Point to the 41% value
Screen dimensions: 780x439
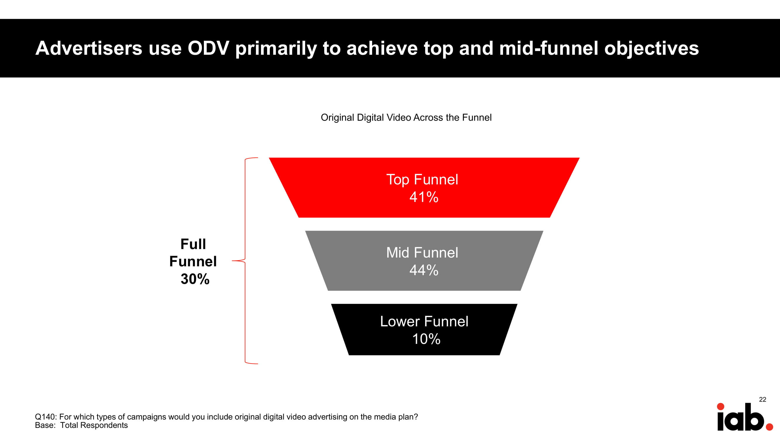click(x=424, y=197)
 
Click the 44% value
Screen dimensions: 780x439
click(x=424, y=270)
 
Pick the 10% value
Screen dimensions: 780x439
click(x=426, y=339)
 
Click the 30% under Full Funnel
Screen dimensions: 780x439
click(x=195, y=279)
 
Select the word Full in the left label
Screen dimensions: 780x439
click(x=193, y=244)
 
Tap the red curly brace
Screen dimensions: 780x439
click(x=245, y=260)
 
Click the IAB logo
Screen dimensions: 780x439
click(x=745, y=416)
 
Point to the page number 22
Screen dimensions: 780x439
click(x=762, y=399)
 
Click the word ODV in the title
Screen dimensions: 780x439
click(x=208, y=48)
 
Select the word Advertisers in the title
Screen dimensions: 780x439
click(x=89, y=48)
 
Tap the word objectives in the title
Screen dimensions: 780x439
click(x=652, y=49)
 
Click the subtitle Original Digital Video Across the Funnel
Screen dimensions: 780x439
click(x=406, y=118)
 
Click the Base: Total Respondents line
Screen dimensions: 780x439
click(x=81, y=425)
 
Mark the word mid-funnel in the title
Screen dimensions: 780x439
click(x=549, y=48)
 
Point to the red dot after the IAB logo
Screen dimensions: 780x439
click(x=769, y=427)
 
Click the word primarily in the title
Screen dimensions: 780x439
click(x=276, y=49)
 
